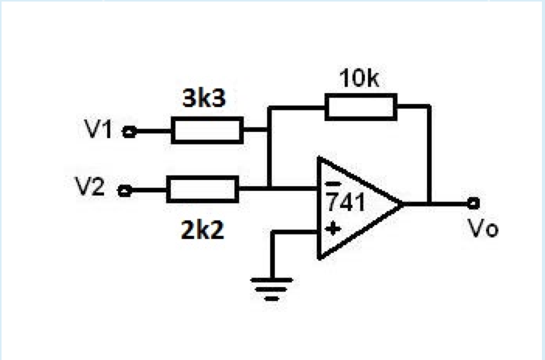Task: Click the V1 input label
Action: click(x=99, y=130)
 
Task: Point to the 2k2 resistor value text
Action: click(x=202, y=230)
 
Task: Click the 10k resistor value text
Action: click(x=359, y=80)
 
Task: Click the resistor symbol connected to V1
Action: click(x=207, y=131)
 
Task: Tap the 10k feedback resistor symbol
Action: click(x=361, y=106)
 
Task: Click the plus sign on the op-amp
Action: click(x=332, y=228)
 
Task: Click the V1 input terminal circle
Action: click(x=129, y=131)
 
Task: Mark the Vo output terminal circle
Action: click(x=473, y=204)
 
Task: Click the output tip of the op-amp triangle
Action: click(x=402, y=205)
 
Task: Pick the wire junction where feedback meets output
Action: click(x=429, y=204)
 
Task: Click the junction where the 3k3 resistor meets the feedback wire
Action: click(x=269, y=131)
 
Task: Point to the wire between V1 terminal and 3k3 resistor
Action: click(x=151, y=131)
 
